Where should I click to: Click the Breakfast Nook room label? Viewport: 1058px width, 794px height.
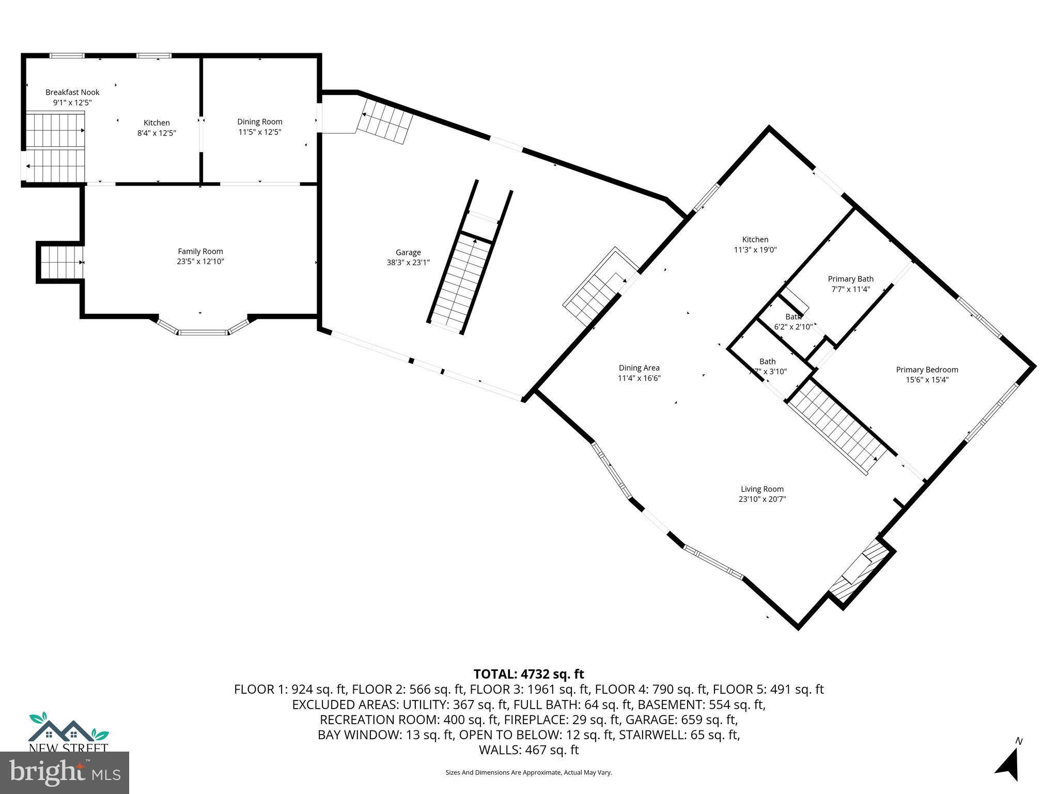tap(72, 92)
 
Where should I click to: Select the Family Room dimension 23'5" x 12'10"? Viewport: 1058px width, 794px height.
tap(200, 262)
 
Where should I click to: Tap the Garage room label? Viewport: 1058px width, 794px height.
tap(408, 252)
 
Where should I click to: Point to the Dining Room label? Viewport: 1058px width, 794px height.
tap(260, 121)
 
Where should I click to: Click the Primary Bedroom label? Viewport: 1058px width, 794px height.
tap(927, 370)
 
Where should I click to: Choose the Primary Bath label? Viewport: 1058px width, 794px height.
tap(850, 279)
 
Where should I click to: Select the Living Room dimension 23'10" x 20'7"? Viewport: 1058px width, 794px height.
tap(762, 499)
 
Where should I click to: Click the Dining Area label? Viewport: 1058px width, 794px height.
tap(639, 368)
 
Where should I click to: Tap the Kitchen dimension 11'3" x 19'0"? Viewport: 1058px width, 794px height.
tap(755, 250)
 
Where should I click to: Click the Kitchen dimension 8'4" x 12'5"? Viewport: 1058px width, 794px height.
tap(157, 133)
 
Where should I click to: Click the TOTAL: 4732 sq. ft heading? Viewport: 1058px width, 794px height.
tap(528, 674)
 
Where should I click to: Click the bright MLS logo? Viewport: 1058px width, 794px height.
tap(65, 772)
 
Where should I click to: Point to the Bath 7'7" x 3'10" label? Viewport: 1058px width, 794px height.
tap(768, 366)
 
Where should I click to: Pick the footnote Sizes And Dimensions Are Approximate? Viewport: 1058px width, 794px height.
tap(528, 772)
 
